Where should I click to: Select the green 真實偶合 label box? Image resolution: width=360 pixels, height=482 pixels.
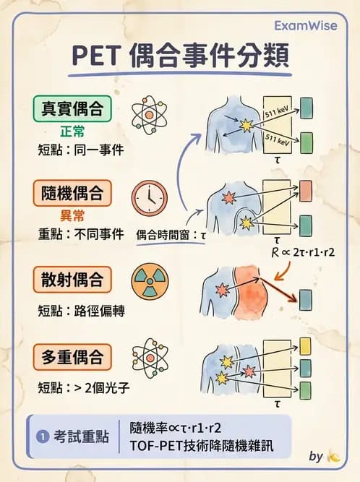tap(72, 110)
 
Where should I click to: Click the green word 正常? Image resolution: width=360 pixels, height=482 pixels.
tap(72, 133)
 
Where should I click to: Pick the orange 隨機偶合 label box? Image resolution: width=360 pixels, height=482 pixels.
tap(72, 193)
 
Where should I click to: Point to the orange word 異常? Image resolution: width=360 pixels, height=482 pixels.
tap(72, 216)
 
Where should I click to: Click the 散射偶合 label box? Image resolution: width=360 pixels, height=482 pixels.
tap(72, 278)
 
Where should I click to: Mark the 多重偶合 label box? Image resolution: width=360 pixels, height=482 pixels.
tap(72, 357)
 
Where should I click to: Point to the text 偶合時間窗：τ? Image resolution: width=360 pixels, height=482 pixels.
tap(171, 234)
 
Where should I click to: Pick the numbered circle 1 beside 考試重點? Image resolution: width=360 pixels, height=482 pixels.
tap(41, 436)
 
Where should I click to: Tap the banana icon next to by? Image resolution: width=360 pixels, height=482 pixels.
tap(333, 456)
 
